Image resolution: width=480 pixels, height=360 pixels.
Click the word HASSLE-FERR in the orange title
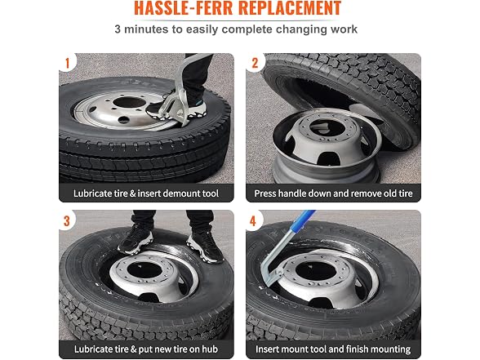point(184,8)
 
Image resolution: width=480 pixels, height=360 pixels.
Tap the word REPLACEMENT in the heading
point(290,8)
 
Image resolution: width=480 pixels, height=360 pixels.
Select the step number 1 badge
point(67,63)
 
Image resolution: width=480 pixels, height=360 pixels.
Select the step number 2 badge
point(255,63)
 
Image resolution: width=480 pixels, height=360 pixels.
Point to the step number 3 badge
point(67,221)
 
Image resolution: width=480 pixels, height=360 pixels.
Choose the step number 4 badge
point(253,221)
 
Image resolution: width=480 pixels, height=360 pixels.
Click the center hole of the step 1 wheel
point(129,101)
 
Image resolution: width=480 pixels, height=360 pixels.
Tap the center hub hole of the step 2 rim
point(326,127)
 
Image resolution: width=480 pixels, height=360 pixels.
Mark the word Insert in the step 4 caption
point(267,349)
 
